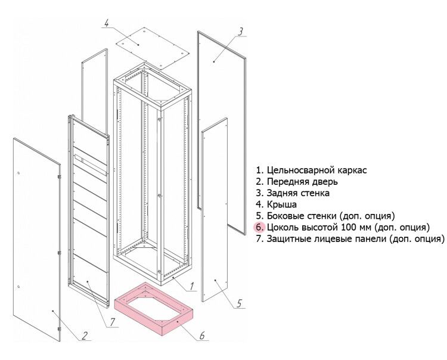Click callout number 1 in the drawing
coord(192,287)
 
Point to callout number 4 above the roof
coord(105,24)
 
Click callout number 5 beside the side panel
coord(238,303)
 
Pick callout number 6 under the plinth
coord(201,336)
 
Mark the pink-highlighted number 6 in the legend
coord(259,227)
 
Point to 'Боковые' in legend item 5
coord(287,216)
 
